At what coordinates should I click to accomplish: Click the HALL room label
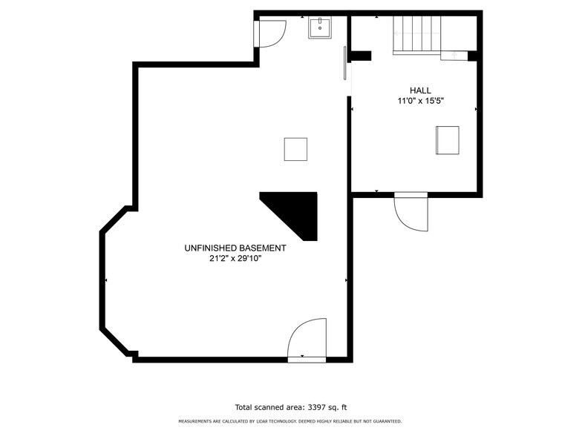pyautogui.click(x=420, y=90)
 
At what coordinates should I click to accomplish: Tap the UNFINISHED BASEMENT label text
pyautogui.click(x=235, y=248)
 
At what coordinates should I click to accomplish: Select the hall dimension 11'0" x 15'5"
pyautogui.click(x=420, y=101)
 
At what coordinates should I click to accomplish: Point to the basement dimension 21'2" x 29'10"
pyautogui.click(x=236, y=259)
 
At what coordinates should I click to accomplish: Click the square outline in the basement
pyautogui.click(x=295, y=149)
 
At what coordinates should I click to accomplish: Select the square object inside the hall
pyautogui.click(x=447, y=140)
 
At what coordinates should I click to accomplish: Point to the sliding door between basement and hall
pyautogui.click(x=345, y=63)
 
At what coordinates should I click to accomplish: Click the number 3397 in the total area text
pyautogui.click(x=316, y=407)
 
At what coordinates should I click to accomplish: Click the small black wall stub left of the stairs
pyautogui.click(x=361, y=56)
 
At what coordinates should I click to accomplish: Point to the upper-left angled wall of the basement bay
pyautogui.click(x=113, y=219)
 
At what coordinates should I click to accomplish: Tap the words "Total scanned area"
pyautogui.click(x=269, y=407)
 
